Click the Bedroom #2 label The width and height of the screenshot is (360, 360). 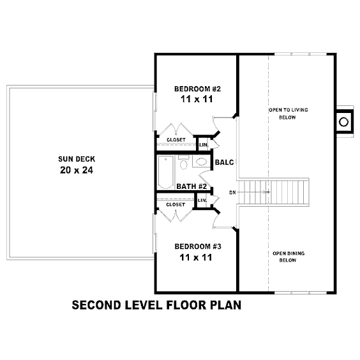(197, 89)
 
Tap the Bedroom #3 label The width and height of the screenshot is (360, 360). (198, 246)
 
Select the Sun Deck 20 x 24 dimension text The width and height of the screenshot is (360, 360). (77, 170)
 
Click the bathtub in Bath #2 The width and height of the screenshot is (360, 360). (165, 172)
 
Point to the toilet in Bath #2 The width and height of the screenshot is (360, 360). (183, 163)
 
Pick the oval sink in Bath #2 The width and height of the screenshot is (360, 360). (201, 162)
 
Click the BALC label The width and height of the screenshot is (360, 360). (224, 162)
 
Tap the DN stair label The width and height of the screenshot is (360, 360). (232, 193)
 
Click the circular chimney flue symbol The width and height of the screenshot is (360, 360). (343, 122)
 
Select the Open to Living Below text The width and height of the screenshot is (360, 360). (288, 114)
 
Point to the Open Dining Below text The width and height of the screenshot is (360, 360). (289, 257)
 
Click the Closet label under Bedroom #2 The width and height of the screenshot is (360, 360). (176, 140)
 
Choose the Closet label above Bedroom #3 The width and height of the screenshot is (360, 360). (176, 204)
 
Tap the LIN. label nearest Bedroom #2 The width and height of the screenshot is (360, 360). (204, 145)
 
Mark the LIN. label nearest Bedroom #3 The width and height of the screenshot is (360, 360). (202, 200)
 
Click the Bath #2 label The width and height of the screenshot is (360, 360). (191, 186)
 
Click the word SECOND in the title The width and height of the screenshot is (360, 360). (96, 305)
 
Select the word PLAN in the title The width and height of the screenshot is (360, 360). (226, 305)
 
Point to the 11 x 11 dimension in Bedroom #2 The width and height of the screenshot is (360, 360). (197, 99)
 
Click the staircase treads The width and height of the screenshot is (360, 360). (273, 192)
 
